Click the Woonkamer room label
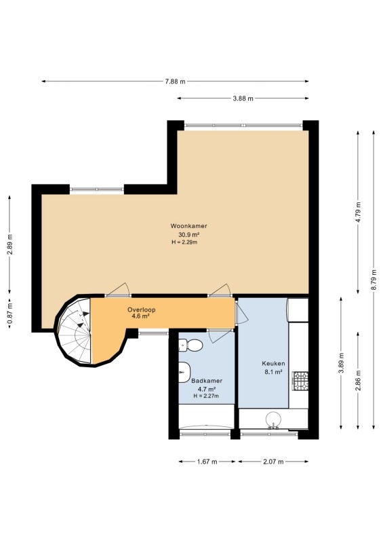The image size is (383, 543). (x=188, y=226)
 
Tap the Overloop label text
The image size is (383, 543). (x=141, y=310)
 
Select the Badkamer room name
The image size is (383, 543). (x=207, y=381)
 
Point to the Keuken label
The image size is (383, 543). (x=273, y=363)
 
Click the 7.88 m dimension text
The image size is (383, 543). (x=175, y=81)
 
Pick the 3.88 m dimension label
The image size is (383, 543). (x=243, y=98)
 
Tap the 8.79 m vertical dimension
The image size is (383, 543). (x=374, y=280)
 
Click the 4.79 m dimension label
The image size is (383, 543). (x=358, y=212)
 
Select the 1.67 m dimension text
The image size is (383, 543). (x=207, y=462)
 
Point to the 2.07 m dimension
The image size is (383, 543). (x=273, y=462)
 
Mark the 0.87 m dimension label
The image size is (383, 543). (x=9, y=314)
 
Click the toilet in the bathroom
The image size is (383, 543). (x=190, y=345)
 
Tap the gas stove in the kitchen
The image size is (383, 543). (x=300, y=381)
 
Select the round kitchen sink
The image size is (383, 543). (x=273, y=419)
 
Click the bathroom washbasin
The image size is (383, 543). (x=184, y=372)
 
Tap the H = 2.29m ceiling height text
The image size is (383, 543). (x=184, y=242)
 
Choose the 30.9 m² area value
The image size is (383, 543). (x=188, y=235)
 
